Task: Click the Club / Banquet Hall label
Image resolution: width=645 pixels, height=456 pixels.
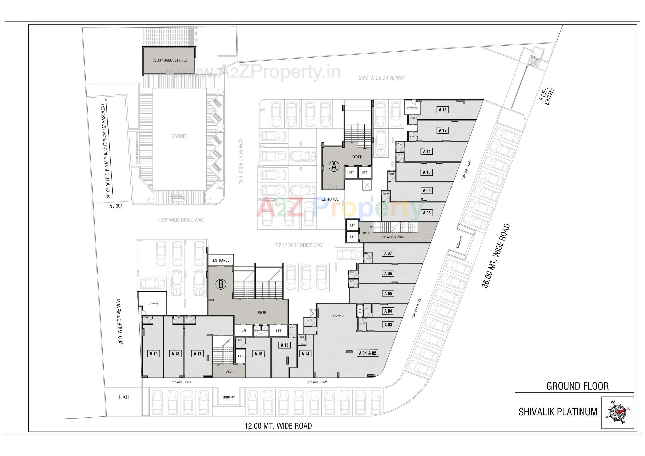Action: pyautogui.click(x=169, y=60)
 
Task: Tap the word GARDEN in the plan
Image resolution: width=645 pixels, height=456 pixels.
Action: pyautogui.click(x=180, y=136)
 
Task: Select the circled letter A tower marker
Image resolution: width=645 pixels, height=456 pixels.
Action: pyautogui.click(x=334, y=166)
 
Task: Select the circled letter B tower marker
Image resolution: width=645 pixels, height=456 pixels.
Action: pyautogui.click(x=221, y=284)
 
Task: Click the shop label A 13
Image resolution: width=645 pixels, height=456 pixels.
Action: pyautogui.click(x=443, y=110)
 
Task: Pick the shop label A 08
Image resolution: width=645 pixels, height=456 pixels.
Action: pyautogui.click(x=426, y=213)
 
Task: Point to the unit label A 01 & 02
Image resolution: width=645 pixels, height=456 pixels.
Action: pyautogui.click(x=368, y=353)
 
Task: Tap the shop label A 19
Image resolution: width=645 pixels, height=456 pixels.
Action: pyautogui.click(x=154, y=354)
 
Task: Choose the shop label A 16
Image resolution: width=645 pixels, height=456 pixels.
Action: pyautogui.click(x=258, y=354)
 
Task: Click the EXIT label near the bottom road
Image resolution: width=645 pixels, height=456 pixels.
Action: pyautogui.click(x=124, y=397)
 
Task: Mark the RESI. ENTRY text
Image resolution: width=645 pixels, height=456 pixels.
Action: pyautogui.click(x=546, y=96)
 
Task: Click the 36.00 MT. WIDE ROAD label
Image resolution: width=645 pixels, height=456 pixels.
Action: pyautogui.click(x=496, y=256)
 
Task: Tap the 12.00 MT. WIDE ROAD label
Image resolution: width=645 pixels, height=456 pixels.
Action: pyautogui.click(x=278, y=426)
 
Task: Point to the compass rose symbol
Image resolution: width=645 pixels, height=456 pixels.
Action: pyautogui.click(x=617, y=413)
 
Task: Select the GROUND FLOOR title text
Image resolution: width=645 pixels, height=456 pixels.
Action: pyautogui.click(x=577, y=386)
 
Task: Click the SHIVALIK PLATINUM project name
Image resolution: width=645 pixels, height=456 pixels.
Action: pyautogui.click(x=558, y=412)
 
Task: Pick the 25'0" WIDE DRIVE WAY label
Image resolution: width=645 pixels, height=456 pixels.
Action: pyautogui.click(x=382, y=78)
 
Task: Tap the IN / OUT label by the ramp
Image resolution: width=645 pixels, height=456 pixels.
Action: pyautogui.click(x=115, y=206)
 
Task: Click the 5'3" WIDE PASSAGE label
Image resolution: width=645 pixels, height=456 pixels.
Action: pyautogui.click(x=393, y=237)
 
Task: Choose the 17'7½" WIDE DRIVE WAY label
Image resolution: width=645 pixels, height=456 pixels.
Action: pyautogui.click(x=298, y=245)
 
